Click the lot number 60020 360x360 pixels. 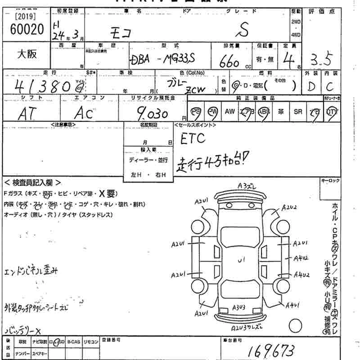[x=27, y=29]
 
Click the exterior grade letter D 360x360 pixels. [x=310, y=86]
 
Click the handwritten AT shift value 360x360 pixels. [x=28, y=114]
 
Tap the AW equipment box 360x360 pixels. [x=230, y=111]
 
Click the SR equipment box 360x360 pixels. [x=297, y=111]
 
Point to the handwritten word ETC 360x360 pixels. [x=193, y=139]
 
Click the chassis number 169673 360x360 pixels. [x=271, y=349]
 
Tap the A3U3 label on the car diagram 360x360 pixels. [x=238, y=307]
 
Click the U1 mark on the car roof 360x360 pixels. [x=241, y=259]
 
